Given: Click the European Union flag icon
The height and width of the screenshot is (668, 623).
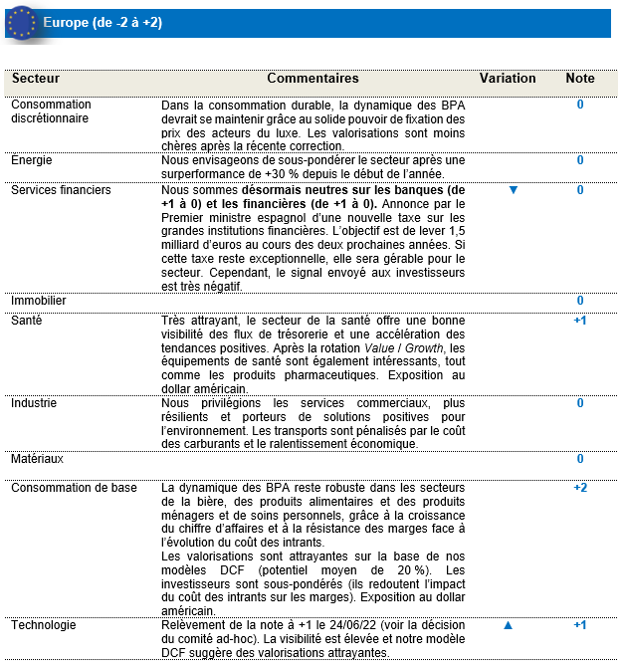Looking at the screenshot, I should pyautogui.click(x=21, y=22).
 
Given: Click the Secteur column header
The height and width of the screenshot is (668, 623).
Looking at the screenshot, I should pyautogui.click(x=36, y=79).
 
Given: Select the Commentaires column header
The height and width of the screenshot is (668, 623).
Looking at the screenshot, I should pyautogui.click(x=312, y=79).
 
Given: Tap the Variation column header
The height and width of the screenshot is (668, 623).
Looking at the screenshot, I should pyautogui.click(x=508, y=79).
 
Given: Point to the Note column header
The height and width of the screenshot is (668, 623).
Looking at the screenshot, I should pyautogui.click(x=580, y=79).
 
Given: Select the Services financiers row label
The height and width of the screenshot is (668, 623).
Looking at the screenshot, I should pyautogui.click(x=61, y=190).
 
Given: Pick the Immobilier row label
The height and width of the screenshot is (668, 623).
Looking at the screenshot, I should pyautogui.click(x=39, y=300).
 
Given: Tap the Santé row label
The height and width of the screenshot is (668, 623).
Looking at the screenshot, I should pyautogui.click(x=27, y=321).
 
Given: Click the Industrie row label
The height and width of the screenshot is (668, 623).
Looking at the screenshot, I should pyautogui.click(x=35, y=403).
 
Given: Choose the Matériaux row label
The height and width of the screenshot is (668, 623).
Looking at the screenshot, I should pyautogui.click(x=37, y=459).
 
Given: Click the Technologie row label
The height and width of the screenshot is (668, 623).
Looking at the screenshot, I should pyautogui.click(x=43, y=625).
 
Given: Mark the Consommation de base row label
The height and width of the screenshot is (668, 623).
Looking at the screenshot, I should pyautogui.click(x=74, y=488).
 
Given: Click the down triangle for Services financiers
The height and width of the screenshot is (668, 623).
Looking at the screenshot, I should pyautogui.click(x=514, y=190).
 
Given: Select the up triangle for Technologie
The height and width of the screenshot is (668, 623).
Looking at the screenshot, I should pyautogui.click(x=508, y=625).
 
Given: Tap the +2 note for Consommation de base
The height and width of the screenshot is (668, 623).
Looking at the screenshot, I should pyautogui.click(x=580, y=488).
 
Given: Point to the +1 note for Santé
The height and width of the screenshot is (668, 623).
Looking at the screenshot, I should pyautogui.click(x=580, y=321).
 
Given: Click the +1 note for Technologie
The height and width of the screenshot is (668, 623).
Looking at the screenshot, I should pyautogui.click(x=580, y=625).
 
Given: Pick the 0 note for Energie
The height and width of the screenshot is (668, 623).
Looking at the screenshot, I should pyautogui.click(x=580, y=159).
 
